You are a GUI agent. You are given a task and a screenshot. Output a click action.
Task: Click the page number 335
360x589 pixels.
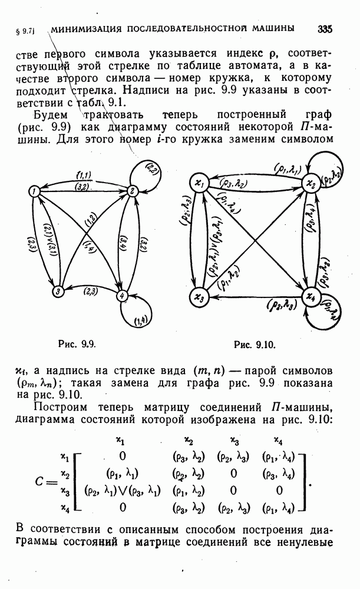(x=325, y=29)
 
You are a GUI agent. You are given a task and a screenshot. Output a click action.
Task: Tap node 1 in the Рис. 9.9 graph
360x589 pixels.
(x=34, y=191)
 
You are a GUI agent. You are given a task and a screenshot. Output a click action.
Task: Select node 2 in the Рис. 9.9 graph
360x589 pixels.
(x=132, y=191)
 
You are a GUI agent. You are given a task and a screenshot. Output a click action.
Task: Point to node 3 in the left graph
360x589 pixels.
(x=57, y=291)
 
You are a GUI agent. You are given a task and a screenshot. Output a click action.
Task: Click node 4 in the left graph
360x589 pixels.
(x=121, y=296)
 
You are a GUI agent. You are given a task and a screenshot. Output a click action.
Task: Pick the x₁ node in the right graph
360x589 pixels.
(x=199, y=183)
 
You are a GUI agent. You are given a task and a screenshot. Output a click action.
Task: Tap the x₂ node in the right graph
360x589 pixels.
(x=312, y=184)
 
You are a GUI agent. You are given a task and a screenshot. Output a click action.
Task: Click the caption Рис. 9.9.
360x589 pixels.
(x=77, y=344)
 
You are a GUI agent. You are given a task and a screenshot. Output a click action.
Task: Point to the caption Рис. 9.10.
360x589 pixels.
(x=255, y=345)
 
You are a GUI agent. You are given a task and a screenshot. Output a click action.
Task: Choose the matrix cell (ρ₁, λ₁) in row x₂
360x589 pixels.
(x=123, y=474)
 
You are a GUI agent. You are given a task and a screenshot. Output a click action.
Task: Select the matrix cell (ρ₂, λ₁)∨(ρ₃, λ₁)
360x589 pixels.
(x=123, y=490)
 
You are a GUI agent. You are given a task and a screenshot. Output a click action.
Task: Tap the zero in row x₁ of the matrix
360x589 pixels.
(x=123, y=456)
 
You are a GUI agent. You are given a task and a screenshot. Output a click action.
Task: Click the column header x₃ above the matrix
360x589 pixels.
(x=234, y=439)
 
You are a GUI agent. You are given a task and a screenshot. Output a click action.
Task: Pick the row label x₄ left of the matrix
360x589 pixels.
(x=65, y=508)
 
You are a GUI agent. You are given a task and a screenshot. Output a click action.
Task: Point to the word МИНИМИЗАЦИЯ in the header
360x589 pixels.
(x=86, y=29)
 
